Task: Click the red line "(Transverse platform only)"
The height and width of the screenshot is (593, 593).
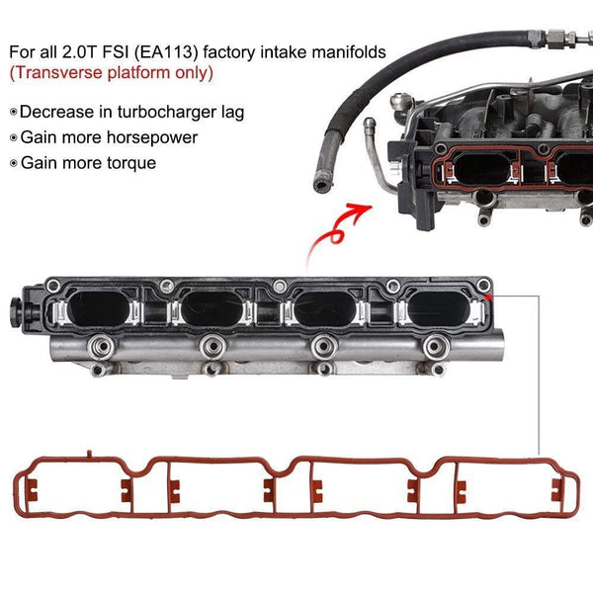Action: point(112,73)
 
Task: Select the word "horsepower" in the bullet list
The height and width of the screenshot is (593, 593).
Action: point(155,138)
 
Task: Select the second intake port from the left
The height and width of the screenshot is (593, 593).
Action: point(210,309)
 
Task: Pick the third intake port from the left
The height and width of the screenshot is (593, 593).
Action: point(324,309)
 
